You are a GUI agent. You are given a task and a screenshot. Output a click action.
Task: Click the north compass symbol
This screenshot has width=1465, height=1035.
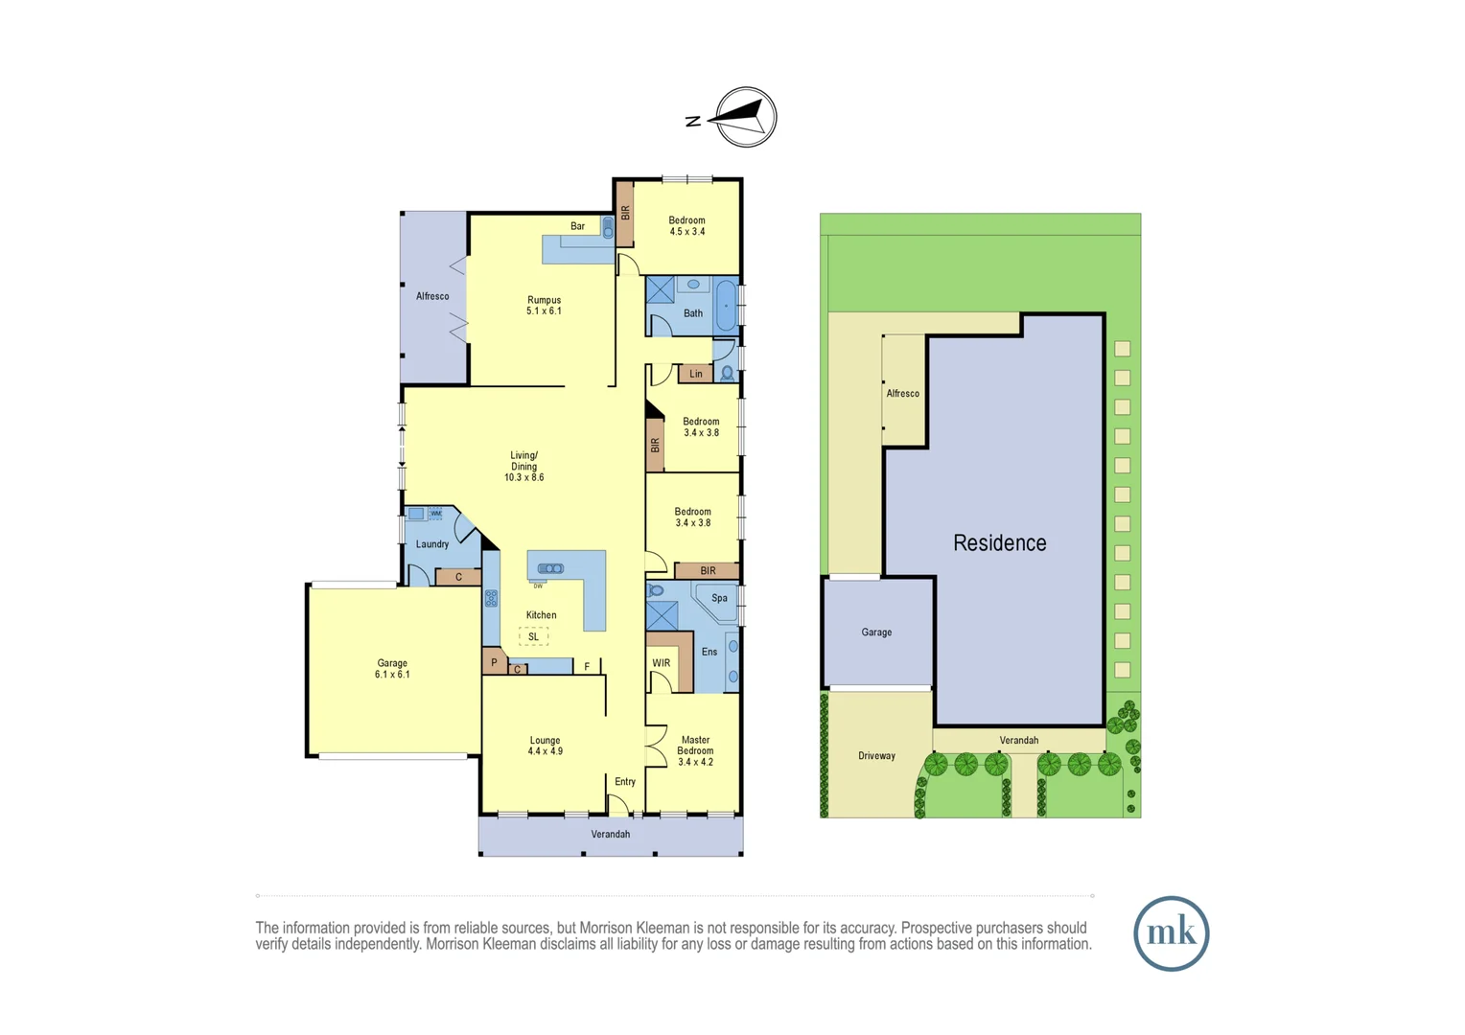pyautogui.click(x=746, y=117)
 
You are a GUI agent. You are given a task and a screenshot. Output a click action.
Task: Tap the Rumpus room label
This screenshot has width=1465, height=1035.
pyautogui.click(x=544, y=305)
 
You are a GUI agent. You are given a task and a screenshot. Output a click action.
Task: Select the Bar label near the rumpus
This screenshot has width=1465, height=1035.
pyautogui.click(x=577, y=226)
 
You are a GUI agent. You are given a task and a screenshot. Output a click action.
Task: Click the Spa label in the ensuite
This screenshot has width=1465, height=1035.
pyautogui.click(x=719, y=598)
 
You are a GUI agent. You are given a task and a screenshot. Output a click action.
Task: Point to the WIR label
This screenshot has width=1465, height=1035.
pyautogui.click(x=662, y=663)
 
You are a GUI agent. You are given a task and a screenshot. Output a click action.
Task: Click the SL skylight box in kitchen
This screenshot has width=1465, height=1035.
pyautogui.click(x=534, y=636)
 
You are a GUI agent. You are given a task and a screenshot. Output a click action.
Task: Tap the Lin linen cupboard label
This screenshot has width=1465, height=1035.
pyautogui.click(x=696, y=374)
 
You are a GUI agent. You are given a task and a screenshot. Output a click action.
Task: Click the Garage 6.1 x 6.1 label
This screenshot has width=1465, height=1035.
pyautogui.click(x=392, y=669)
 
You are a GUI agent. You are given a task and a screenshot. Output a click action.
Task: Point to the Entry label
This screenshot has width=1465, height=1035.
pyautogui.click(x=625, y=782)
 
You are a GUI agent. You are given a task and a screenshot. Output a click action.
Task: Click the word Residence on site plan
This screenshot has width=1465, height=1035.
pyautogui.click(x=999, y=543)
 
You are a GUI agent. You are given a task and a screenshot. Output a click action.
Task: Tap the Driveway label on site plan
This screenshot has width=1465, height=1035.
pyautogui.click(x=876, y=756)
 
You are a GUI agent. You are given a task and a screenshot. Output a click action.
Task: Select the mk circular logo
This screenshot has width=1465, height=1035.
pyautogui.click(x=1171, y=933)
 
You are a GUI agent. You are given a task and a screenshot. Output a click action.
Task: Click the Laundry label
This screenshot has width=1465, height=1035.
pyautogui.click(x=432, y=544)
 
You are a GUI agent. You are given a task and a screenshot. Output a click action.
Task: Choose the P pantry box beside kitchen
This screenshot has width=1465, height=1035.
pyautogui.click(x=494, y=662)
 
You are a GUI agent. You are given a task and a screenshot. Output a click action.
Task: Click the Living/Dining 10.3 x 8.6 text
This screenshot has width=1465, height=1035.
pyautogui.click(x=523, y=467)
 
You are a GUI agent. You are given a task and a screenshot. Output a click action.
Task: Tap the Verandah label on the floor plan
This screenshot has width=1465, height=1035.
pyautogui.click(x=610, y=835)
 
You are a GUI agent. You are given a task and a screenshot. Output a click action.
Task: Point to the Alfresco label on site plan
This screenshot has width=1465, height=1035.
pyautogui.click(x=902, y=394)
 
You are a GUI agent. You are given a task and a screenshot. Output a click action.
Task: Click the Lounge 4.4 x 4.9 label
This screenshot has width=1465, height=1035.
pyautogui.click(x=545, y=746)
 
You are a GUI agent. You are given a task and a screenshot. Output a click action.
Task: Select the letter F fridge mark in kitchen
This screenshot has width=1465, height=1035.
pyautogui.click(x=587, y=667)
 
